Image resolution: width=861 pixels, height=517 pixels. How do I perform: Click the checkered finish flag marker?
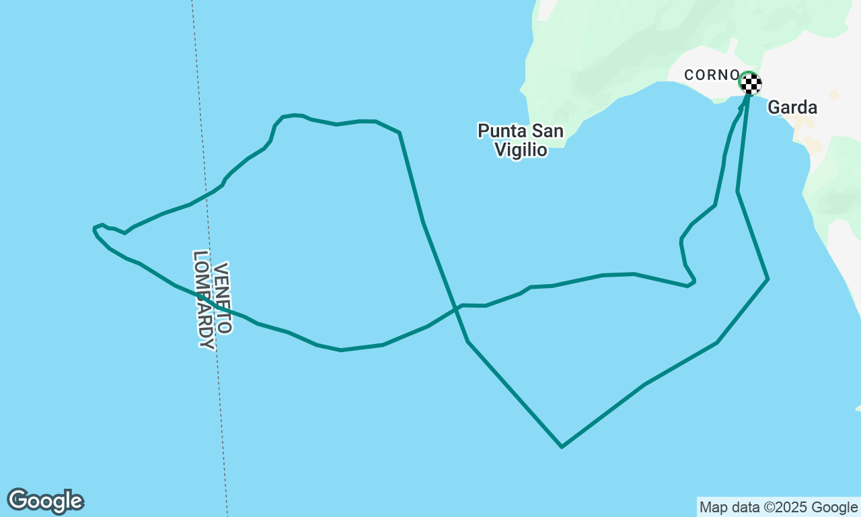751,83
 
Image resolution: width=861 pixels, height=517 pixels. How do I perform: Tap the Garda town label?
792,107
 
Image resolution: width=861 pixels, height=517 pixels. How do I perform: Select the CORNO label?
712,75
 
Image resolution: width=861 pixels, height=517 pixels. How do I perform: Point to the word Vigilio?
521,149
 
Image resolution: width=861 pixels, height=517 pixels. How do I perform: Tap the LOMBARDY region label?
204,300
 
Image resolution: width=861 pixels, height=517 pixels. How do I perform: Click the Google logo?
45,501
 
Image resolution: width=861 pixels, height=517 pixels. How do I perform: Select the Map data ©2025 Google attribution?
778,507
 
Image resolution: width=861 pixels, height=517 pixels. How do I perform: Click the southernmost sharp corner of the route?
562,446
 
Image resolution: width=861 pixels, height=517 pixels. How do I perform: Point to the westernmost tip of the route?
94,230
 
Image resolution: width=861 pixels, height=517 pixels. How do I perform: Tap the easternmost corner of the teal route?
768,279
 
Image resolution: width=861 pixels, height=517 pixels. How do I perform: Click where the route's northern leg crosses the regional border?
205,196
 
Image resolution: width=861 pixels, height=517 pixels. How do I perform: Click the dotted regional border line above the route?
196,67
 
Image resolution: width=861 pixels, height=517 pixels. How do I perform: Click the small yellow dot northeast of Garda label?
833,96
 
